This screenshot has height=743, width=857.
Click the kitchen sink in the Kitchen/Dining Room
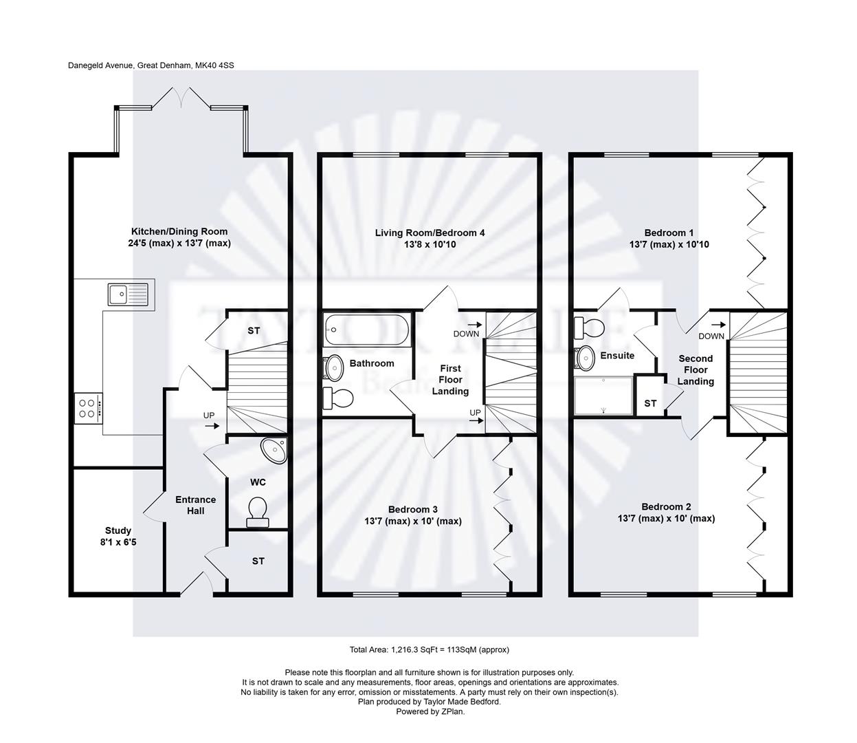point(128,294)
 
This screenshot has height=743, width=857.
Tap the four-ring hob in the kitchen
point(89,409)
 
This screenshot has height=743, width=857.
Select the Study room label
point(118,530)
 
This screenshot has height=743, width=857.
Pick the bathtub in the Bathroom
point(366,330)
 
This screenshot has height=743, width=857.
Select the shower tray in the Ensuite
point(603,396)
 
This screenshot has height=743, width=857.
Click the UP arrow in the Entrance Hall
point(212,426)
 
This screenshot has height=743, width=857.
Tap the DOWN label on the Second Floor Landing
point(711,336)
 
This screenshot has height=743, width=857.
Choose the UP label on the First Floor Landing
point(475,413)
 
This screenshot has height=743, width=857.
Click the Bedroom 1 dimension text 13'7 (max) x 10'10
point(669,244)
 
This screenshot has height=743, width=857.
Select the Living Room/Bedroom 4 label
point(430,233)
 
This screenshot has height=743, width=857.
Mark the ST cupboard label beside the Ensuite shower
point(650,403)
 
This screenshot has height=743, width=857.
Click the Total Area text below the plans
point(429,649)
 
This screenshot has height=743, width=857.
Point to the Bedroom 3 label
point(412,509)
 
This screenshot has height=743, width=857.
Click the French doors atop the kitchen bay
point(181,98)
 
